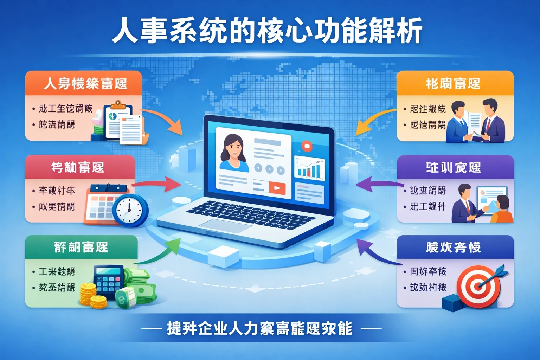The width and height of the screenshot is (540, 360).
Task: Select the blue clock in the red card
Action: pyautogui.click(x=130, y=210)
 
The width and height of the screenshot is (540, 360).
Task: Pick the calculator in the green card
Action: pyautogui.click(x=108, y=281)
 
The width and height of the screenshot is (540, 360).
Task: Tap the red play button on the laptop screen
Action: pyautogui.click(x=277, y=188)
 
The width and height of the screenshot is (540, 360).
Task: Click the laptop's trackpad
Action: pyautogui.click(x=225, y=225)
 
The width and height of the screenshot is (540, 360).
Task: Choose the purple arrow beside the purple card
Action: pyautogui.click(x=376, y=185)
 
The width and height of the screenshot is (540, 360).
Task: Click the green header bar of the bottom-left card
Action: pyautogui.click(x=81, y=247)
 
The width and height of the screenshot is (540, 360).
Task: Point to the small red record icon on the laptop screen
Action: pyautogui.click(x=307, y=146)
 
